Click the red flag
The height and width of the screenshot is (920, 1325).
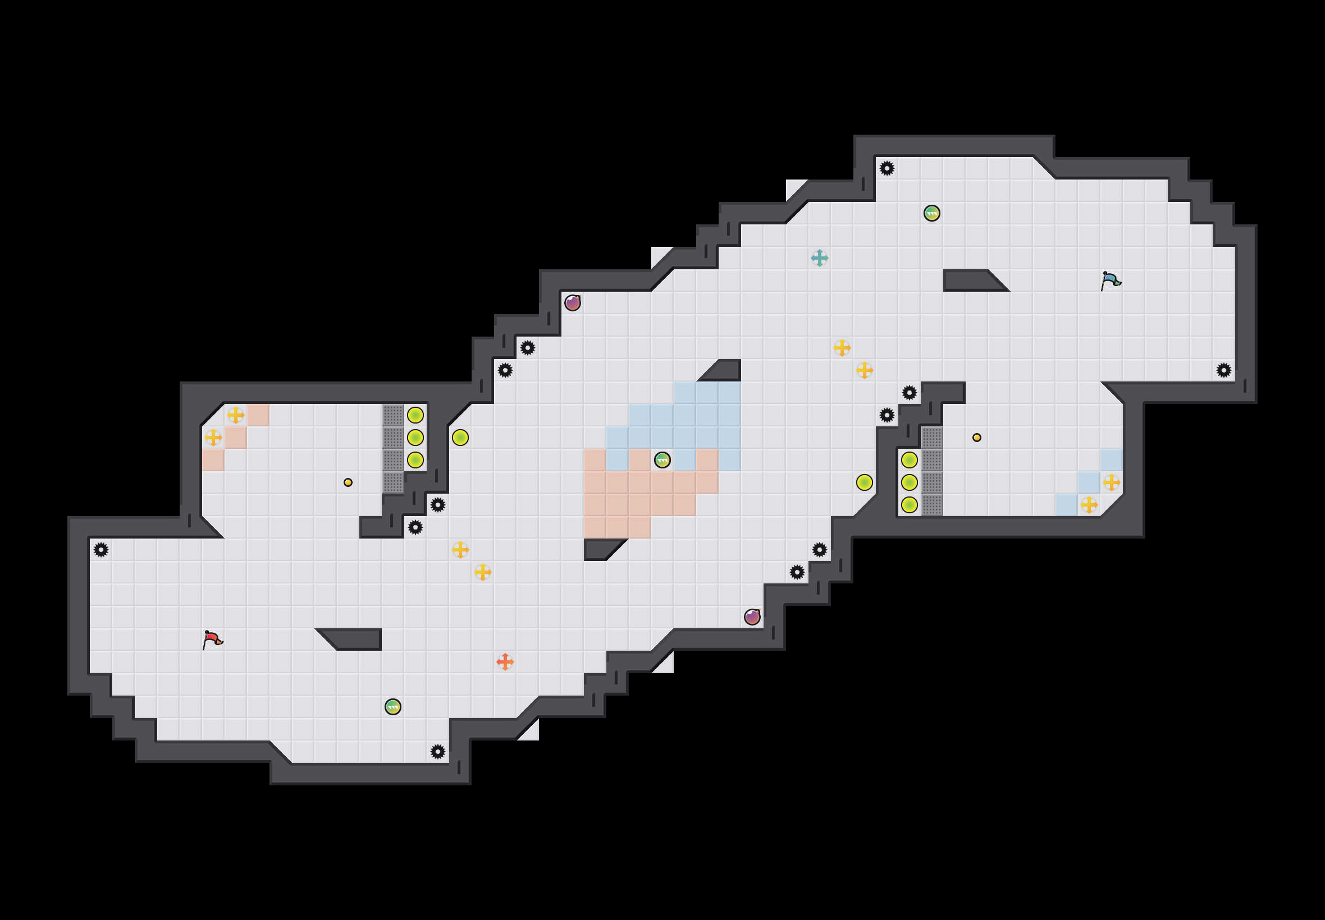point(212,640)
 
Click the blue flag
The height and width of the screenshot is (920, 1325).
point(1111,280)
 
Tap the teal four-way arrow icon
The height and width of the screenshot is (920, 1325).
point(819,257)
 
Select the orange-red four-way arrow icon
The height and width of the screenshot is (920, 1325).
point(505,662)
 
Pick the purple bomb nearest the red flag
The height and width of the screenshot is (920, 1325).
point(752,617)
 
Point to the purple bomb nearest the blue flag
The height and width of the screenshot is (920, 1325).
point(572,302)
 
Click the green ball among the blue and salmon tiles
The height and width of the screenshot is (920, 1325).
point(662,460)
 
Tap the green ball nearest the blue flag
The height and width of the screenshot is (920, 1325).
point(931,213)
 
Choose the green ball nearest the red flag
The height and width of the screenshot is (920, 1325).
point(393,707)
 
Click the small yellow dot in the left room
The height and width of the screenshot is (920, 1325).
point(348,482)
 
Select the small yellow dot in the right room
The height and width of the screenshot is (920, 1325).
point(976,438)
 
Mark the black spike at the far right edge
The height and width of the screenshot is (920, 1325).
point(1223,370)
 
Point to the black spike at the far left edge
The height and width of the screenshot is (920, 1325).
point(101,550)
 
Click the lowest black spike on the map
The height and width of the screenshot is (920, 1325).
point(438,752)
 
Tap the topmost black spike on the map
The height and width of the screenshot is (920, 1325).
point(887,168)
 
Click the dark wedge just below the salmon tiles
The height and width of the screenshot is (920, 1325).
point(600,549)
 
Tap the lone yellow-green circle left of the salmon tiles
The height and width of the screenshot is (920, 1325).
point(460,438)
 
